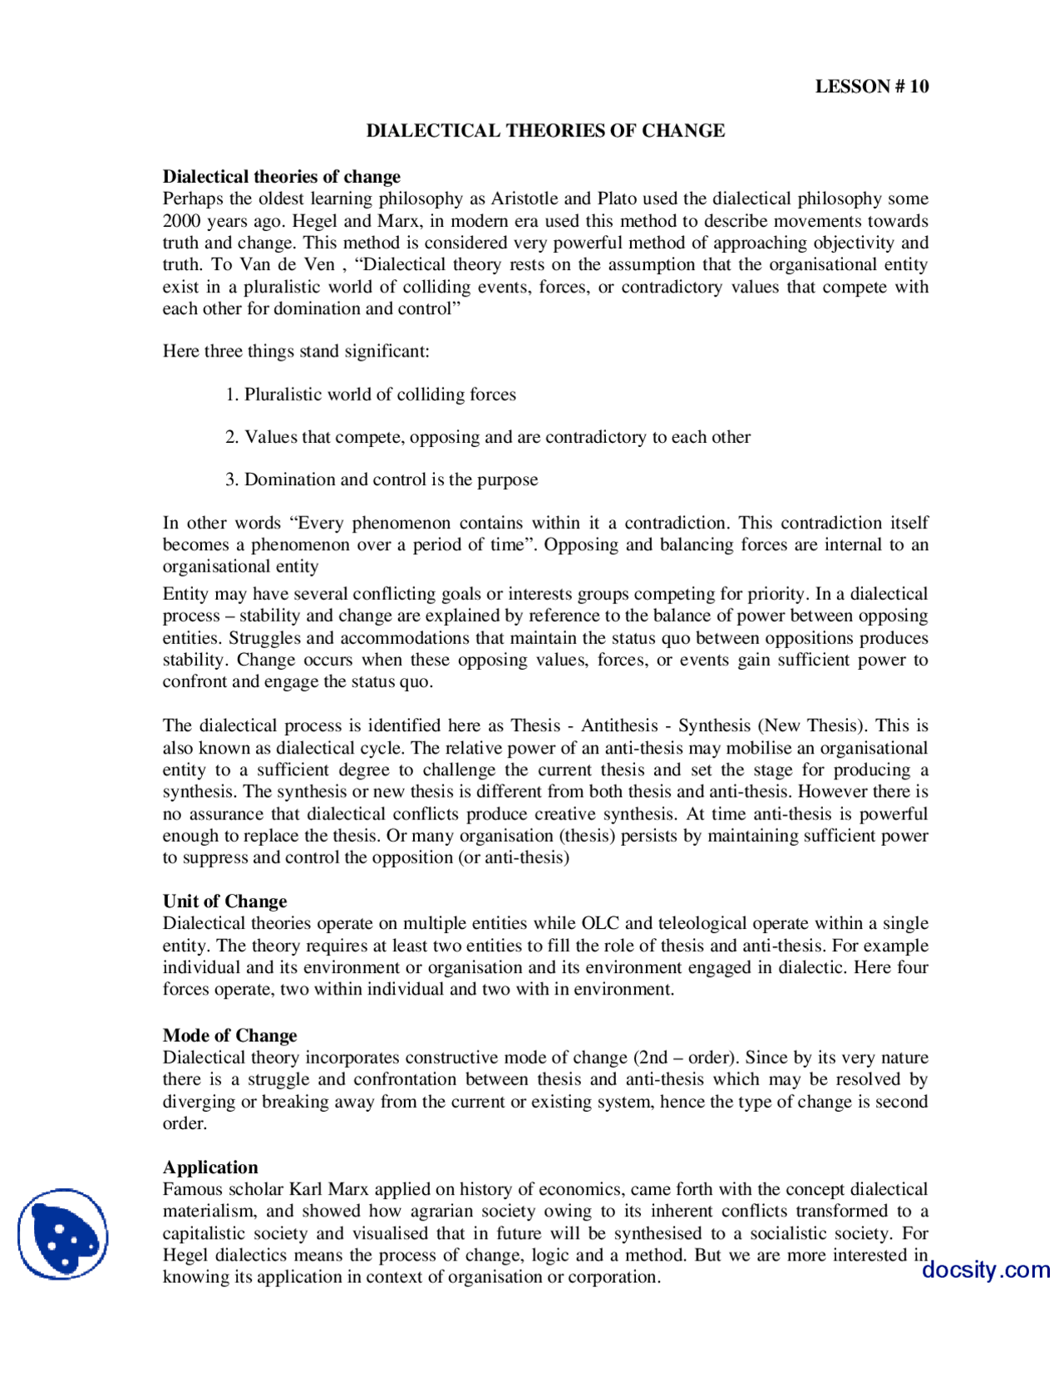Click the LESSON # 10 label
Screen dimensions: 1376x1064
click(871, 86)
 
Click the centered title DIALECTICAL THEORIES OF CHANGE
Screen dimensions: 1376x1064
click(545, 130)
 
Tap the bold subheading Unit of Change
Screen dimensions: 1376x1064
click(224, 902)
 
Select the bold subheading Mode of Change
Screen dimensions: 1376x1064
click(229, 1035)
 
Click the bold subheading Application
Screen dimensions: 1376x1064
click(210, 1167)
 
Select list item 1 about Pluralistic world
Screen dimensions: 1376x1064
click(371, 395)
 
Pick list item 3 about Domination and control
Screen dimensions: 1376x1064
click(382, 480)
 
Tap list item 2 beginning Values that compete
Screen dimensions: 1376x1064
click(488, 437)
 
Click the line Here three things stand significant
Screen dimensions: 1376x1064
click(296, 351)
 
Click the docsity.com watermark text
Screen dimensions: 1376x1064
click(986, 1270)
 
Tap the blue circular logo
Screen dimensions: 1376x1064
click(63, 1234)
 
